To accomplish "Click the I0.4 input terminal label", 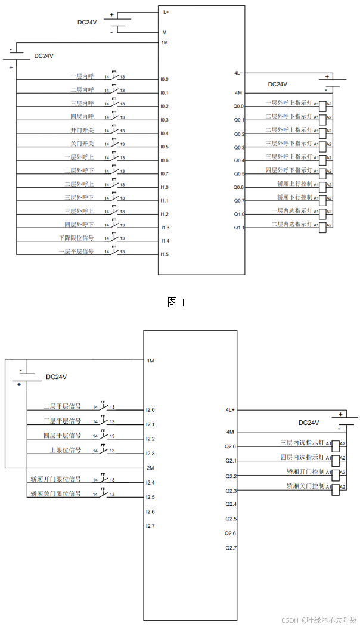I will point(164,134).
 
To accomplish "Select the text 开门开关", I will point(82,130).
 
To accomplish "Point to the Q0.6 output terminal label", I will point(238,187).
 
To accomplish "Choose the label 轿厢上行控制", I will point(294,184).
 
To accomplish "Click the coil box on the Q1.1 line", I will point(323,227).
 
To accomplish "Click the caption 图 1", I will point(177,302).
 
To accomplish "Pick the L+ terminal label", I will point(166,11).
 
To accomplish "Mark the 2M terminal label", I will point(150,468).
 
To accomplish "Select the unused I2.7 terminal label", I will point(150,526).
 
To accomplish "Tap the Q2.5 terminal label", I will point(231,519).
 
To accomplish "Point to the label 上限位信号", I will point(65,450).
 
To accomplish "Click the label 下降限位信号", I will point(76,238).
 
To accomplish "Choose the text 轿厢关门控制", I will point(305,486).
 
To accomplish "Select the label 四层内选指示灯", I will point(302,457).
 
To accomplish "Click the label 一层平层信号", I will point(76,252).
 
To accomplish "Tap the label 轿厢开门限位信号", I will point(55,479).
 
